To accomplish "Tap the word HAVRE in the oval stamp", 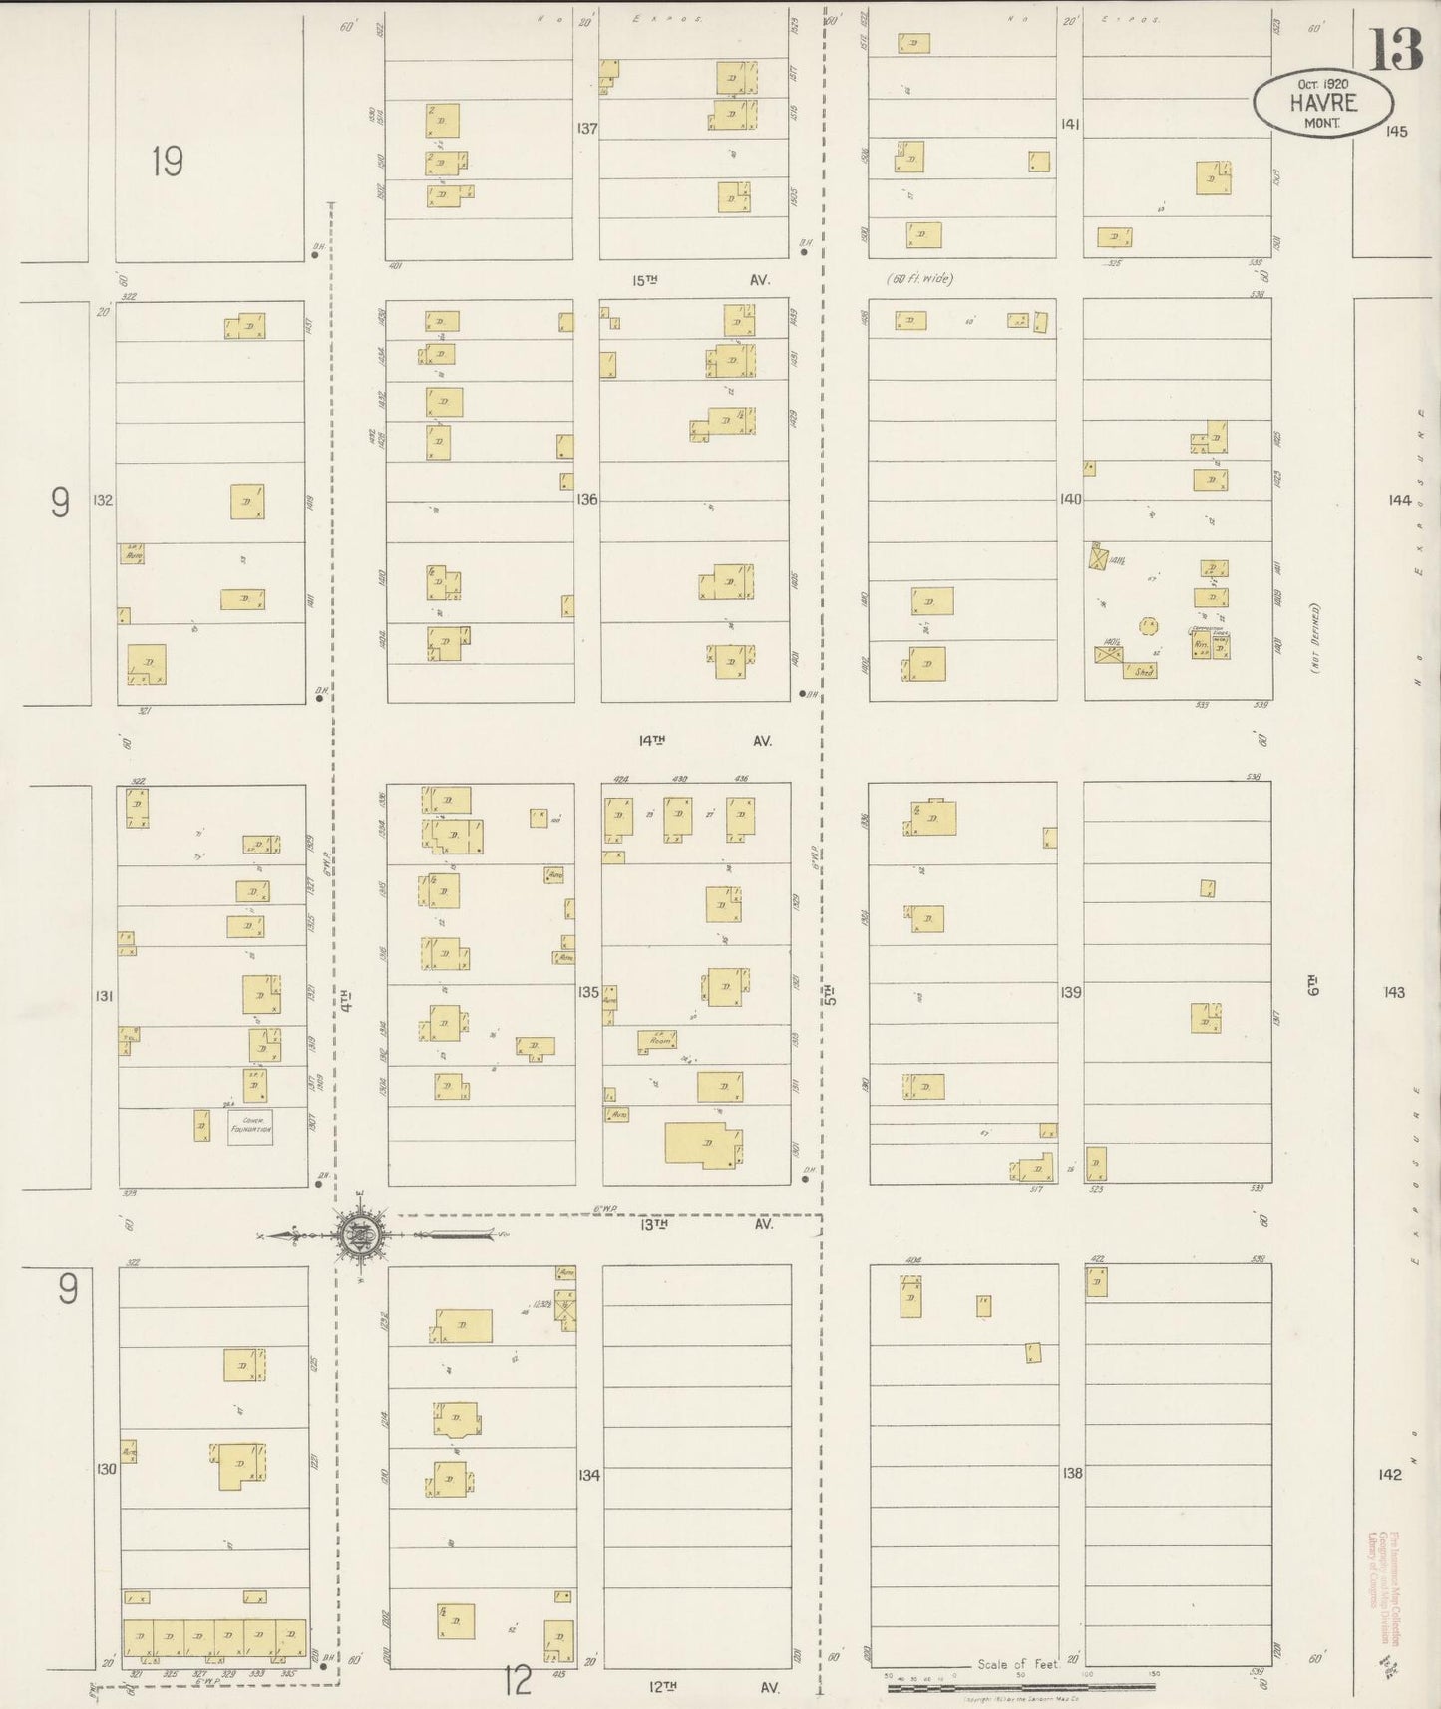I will coord(1322,102).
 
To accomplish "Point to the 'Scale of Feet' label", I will coord(1017,1664).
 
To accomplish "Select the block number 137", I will coord(586,128).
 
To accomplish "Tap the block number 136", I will coord(586,499).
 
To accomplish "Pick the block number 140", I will coord(1070,499).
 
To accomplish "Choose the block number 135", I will coord(587,992).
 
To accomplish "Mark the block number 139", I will coord(1071,992).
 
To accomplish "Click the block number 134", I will coord(589,1475).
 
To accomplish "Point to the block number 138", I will coord(1072,1472).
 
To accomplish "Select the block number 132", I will coord(103,499).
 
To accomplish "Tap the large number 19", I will coord(167,161).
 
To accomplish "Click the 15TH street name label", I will coord(646,281).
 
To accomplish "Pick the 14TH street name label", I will coord(652,740).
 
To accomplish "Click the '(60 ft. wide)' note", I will coord(918,279).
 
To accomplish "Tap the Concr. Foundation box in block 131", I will coord(250,1126).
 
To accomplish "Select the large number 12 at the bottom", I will coord(518,1682).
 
